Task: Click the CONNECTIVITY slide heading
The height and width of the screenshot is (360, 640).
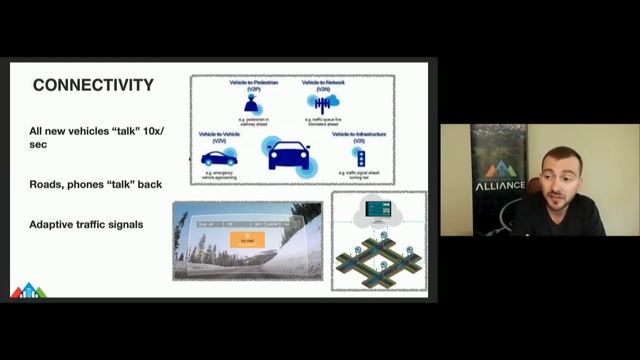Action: point(93,85)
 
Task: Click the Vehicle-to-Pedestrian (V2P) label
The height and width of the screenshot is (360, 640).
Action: point(251,86)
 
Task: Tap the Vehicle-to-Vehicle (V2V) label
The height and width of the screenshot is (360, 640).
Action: point(219,135)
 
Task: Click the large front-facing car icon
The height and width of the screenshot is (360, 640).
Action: point(287,153)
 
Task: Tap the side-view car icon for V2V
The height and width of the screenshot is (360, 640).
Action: point(219,157)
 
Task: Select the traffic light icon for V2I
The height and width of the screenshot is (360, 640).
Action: point(359,157)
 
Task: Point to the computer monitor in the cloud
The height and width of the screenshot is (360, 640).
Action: point(379,209)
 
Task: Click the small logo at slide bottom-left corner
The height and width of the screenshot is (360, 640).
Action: point(28,291)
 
